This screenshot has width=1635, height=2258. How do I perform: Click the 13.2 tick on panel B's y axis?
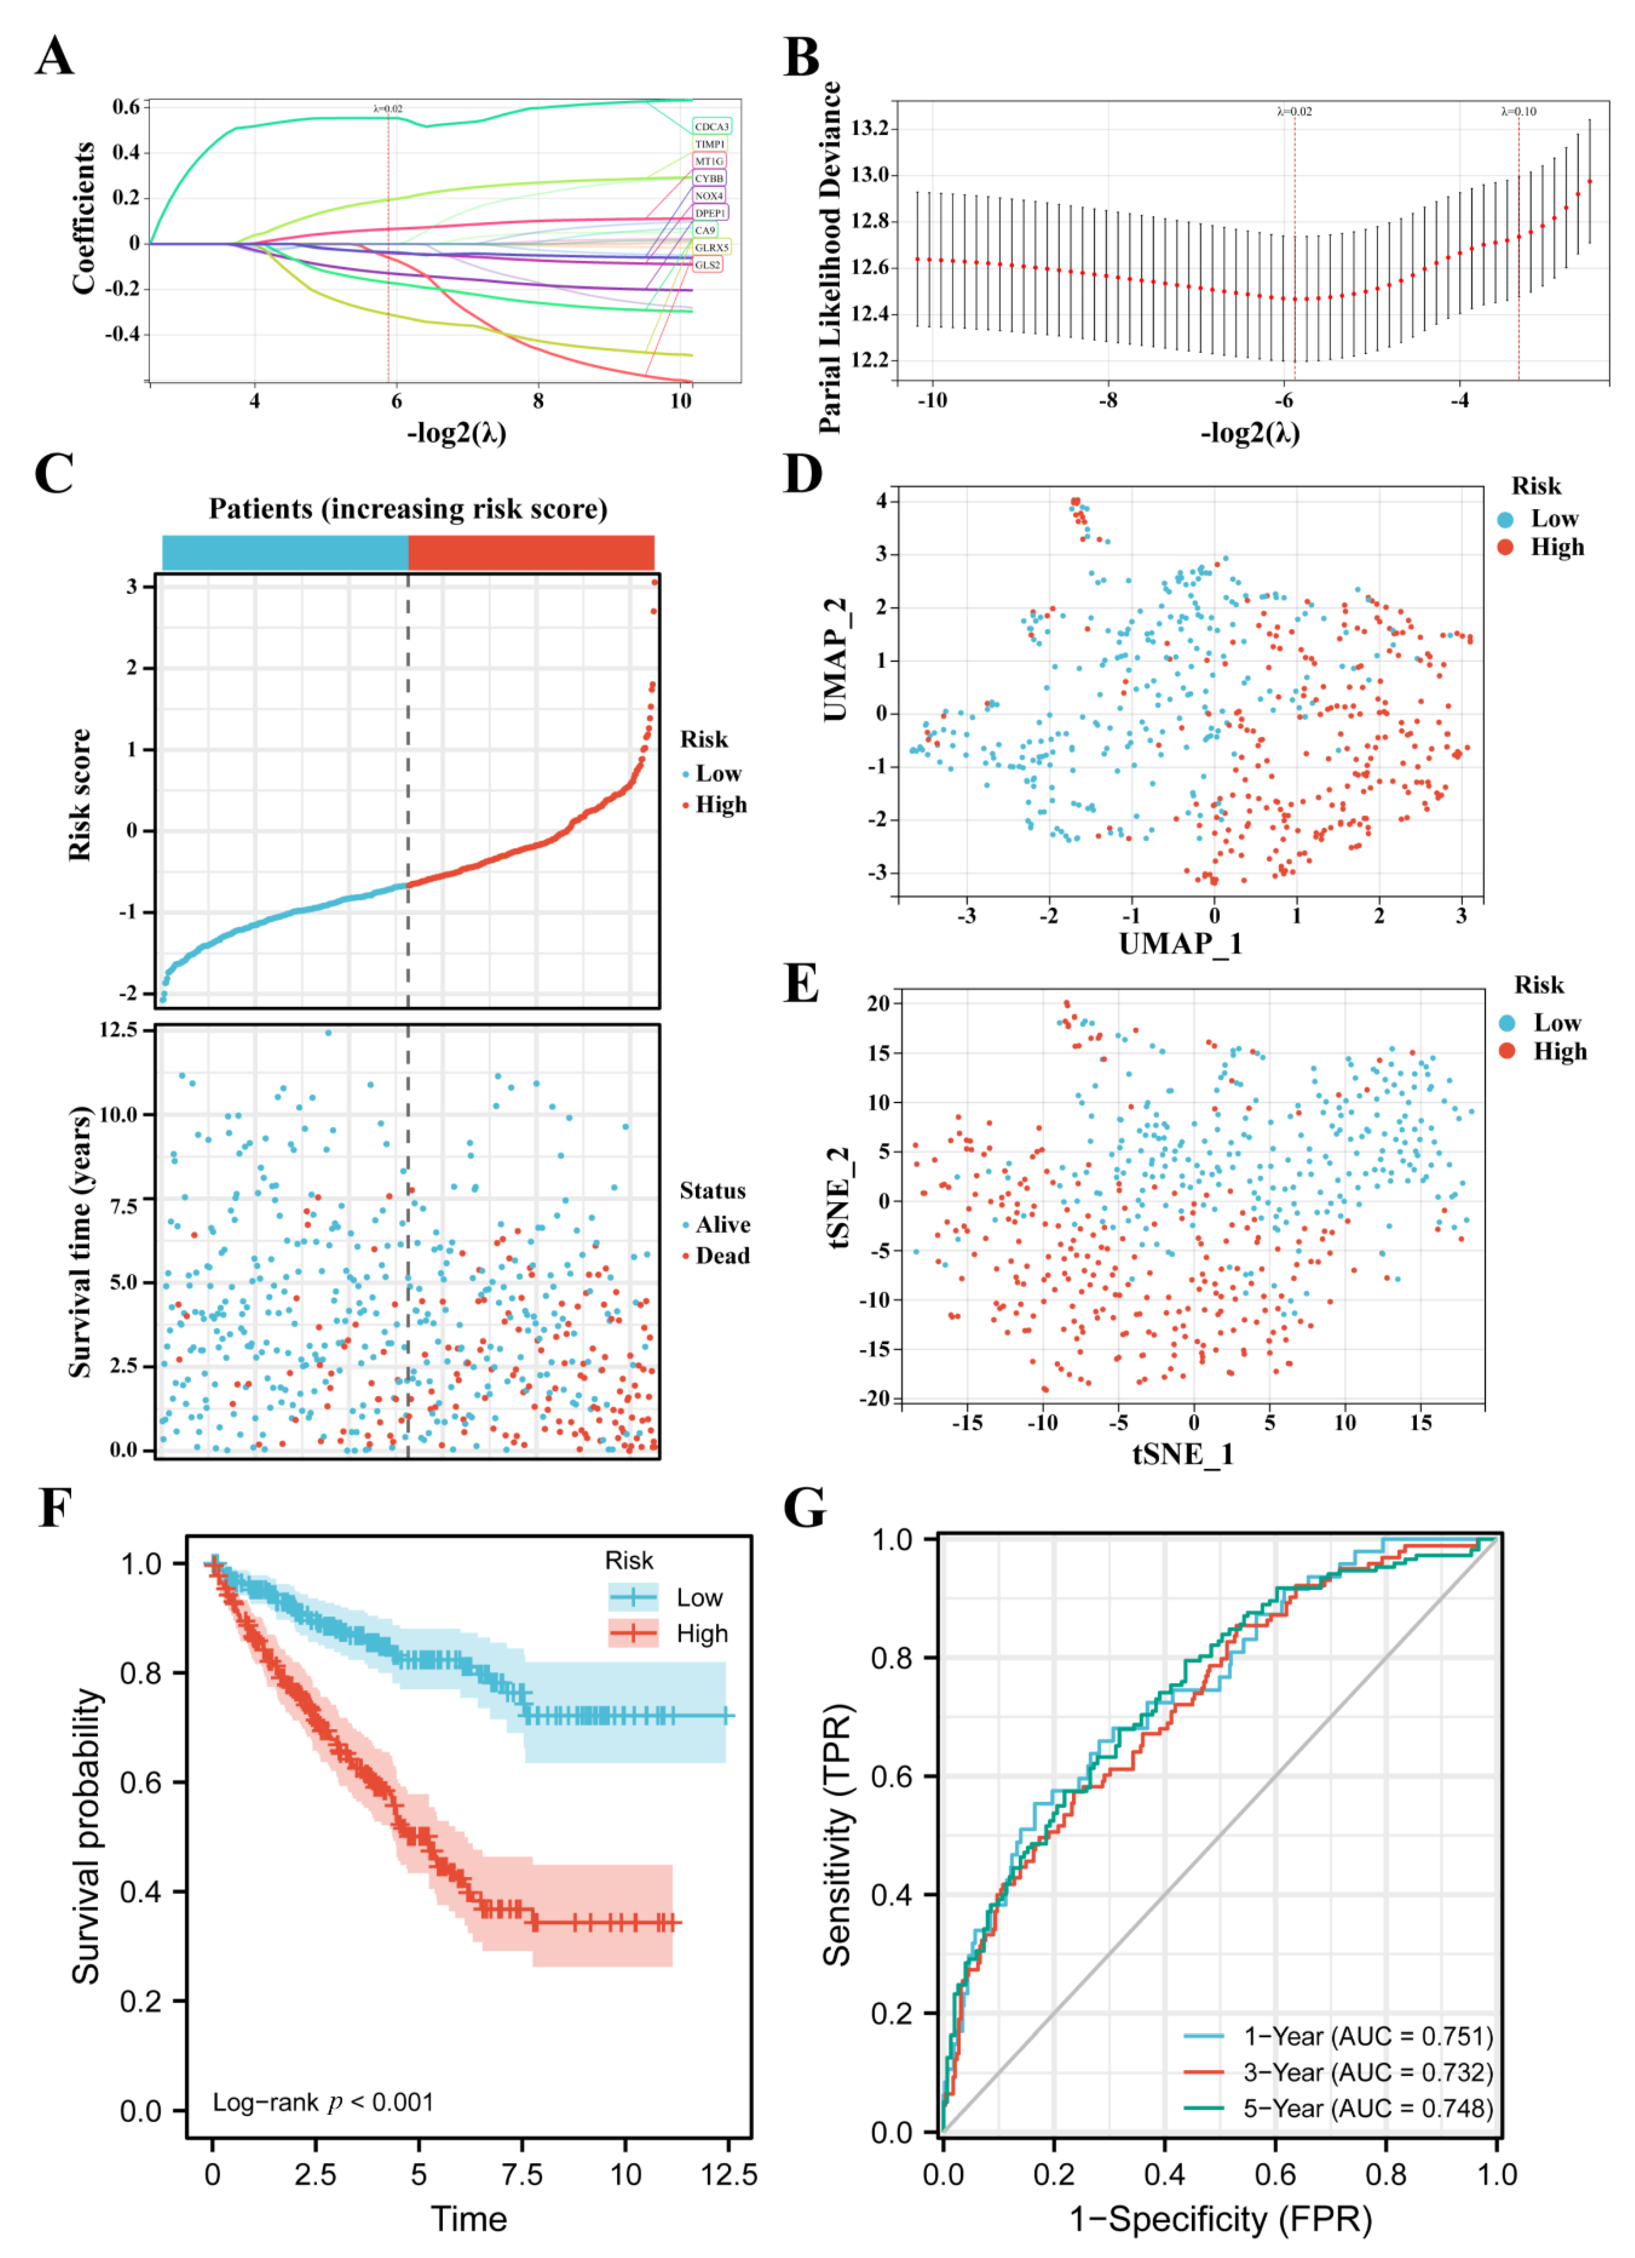pyautogui.click(x=869, y=128)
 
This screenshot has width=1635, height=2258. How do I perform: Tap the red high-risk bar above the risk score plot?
pyautogui.click(x=531, y=552)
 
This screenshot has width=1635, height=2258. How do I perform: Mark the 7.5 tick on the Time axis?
pyautogui.click(x=522, y=2174)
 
